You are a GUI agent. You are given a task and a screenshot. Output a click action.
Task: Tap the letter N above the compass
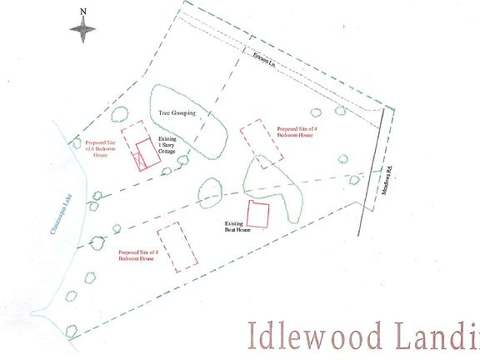tap(82, 12)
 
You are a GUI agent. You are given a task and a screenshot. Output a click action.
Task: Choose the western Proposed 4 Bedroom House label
tap(101, 149)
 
